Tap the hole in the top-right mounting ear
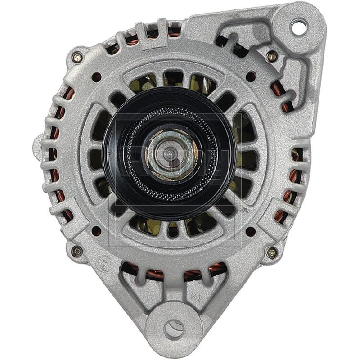pyautogui.click(x=297, y=27)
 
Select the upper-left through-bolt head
pyautogui.click(x=77, y=57)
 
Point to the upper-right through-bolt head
pyautogui.click(x=271, y=57)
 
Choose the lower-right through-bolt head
pyautogui.click(x=271, y=252)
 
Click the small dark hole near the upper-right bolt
pyautogui.click(x=250, y=76)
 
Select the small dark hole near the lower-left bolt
pyautogui.click(x=96, y=231)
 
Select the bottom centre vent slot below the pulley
pyautogui.click(x=173, y=230)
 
